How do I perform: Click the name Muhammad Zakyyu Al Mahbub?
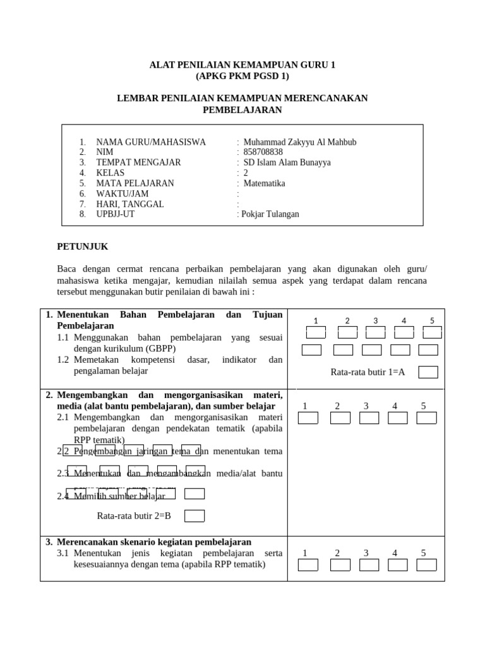point(299,142)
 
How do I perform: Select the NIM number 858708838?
point(263,152)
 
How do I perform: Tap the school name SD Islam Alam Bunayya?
point(287,162)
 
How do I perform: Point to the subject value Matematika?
point(264,183)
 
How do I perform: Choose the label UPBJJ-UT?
point(115,214)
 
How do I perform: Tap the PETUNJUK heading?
point(83,246)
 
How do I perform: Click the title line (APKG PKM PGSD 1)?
point(242,76)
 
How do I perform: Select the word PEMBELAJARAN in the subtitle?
point(242,110)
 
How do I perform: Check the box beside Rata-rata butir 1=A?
point(428,372)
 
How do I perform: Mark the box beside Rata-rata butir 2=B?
point(194,516)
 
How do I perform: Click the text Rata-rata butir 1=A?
point(368,372)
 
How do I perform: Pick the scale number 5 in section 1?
point(432,320)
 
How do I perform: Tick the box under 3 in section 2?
point(369,418)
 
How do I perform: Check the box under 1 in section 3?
point(308,565)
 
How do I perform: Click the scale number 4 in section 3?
point(395,553)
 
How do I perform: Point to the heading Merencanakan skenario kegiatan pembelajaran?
point(154,542)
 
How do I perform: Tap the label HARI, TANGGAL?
point(129,204)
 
